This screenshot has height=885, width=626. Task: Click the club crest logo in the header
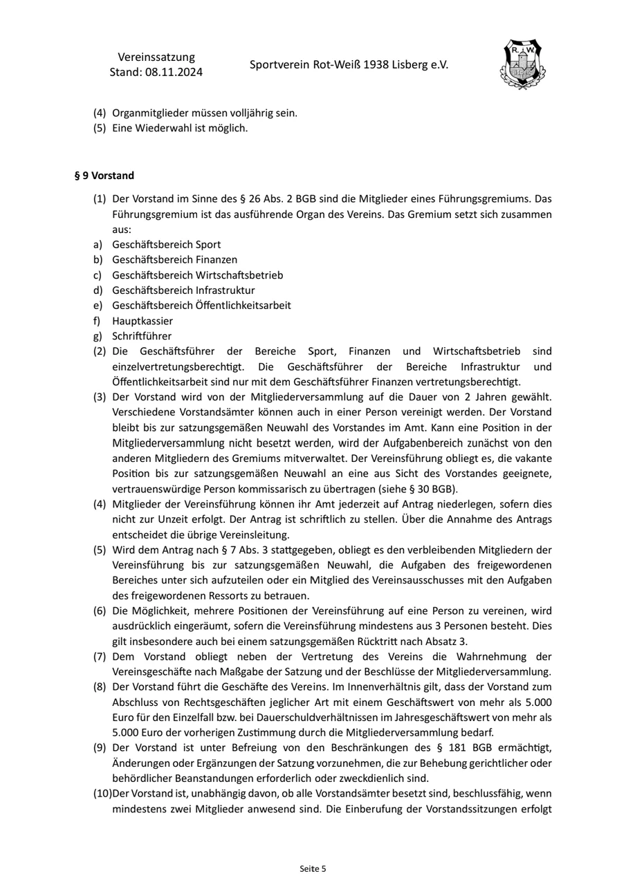pos(522,64)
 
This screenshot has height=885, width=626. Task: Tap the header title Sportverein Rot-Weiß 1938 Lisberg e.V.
pos(349,64)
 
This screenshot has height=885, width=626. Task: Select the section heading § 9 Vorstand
pos(104,176)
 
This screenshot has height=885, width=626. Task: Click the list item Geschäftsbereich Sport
pos(167,244)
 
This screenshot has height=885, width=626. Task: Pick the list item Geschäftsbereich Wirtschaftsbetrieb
pos(198,274)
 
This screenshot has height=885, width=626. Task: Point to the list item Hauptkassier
pos(142,321)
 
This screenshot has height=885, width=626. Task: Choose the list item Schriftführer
pos(142,336)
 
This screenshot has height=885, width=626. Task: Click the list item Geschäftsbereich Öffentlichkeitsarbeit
pos(201,305)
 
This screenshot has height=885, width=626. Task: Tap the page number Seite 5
pos(313,868)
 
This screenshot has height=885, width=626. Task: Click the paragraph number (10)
pos(102,793)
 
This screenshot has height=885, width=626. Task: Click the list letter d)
pos(99,290)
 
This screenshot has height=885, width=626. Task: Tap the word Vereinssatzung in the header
pos(156,57)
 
